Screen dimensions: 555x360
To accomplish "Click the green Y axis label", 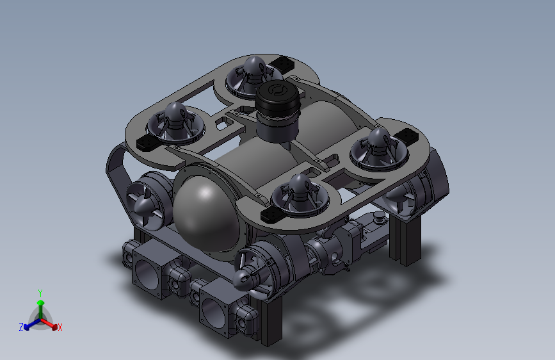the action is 40,293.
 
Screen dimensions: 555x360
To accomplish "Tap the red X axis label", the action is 60,327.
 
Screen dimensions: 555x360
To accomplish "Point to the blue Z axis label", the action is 21,327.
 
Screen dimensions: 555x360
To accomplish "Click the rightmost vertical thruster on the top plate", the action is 379,149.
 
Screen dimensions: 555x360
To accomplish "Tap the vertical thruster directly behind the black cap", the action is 252,76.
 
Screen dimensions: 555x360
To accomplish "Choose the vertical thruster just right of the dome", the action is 300,195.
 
